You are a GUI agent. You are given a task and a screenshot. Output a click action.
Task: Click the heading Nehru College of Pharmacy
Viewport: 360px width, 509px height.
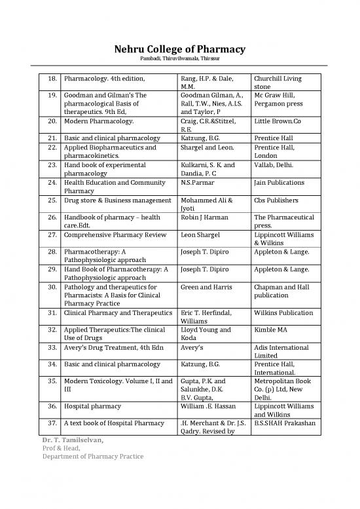tap(180, 50)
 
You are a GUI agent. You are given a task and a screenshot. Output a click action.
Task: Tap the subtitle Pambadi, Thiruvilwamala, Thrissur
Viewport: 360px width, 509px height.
tap(180, 61)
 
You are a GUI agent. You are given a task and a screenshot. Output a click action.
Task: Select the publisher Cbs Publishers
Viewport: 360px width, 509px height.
tap(277, 200)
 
